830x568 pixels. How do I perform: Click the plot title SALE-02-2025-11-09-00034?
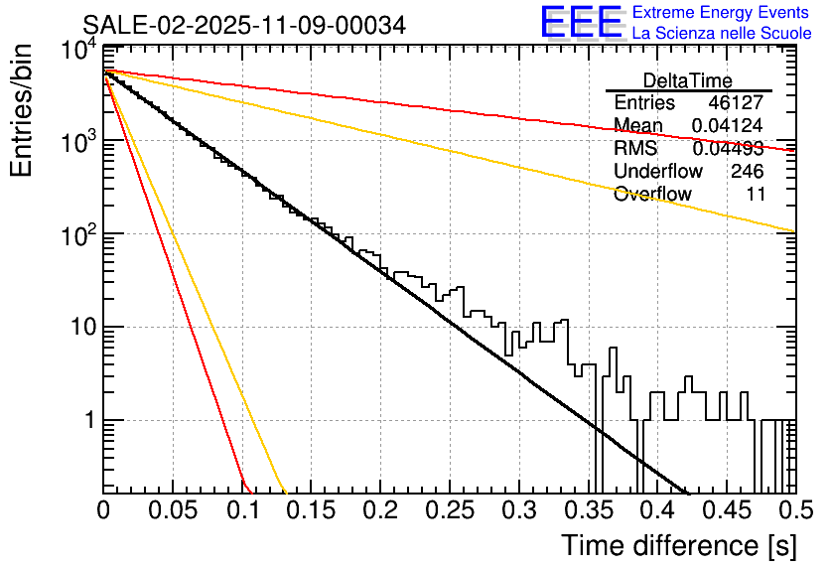(x=243, y=26)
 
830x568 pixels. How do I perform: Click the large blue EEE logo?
(x=581, y=23)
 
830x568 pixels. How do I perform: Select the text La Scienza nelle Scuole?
(x=722, y=33)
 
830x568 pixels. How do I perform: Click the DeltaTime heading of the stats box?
(x=688, y=80)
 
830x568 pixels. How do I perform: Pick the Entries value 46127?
(x=737, y=103)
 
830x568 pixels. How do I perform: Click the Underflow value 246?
(x=747, y=172)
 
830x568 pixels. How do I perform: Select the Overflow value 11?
(x=756, y=195)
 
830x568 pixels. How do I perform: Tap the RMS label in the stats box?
(x=635, y=149)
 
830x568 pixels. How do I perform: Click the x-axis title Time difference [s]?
(x=678, y=545)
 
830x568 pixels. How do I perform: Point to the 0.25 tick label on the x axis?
(x=450, y=511)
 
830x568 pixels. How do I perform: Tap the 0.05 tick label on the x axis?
(x=173, y=511)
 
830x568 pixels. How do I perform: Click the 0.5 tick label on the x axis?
(x=792, y=511)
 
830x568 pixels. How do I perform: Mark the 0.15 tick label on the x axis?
(x=312, y=511)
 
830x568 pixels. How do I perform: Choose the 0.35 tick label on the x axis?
(x=588, y=511)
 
